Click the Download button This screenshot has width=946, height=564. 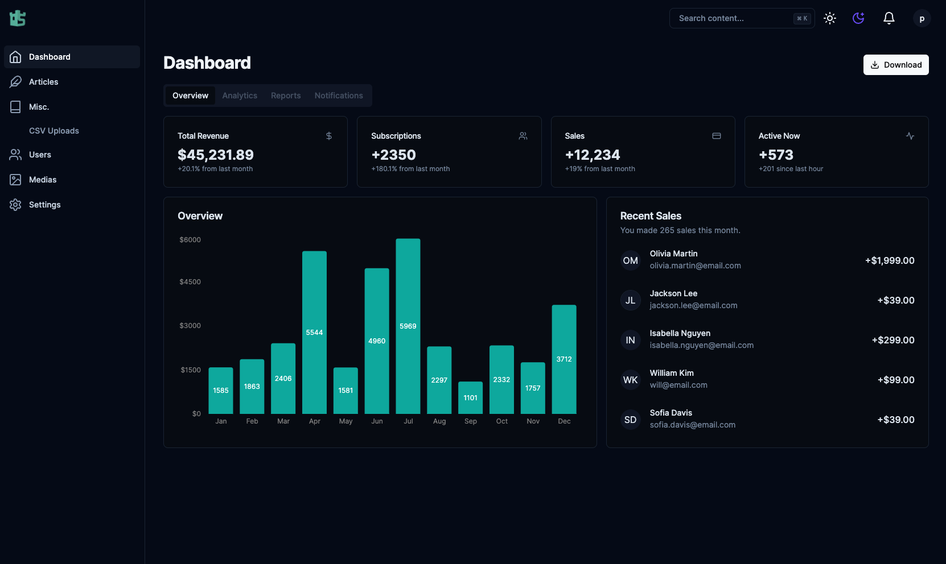coord(896,65)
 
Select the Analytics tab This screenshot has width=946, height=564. coord(240,96)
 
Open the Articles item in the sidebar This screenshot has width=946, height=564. coord(43,82)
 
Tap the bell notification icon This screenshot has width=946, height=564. coord(889,18)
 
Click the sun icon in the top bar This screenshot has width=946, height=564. coord(830,18)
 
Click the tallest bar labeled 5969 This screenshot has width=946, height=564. coord(408,326)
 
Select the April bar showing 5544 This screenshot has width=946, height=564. coord(314,332)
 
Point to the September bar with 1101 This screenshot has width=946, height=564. coord(470,397)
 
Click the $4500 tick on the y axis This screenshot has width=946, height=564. coord(190,282)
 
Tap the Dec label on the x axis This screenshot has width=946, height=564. coord(564,421)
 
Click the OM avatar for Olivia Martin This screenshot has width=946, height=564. coord(630,260)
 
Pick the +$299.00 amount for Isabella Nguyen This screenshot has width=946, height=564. coord(893,340)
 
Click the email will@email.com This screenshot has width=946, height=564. coord(678,385)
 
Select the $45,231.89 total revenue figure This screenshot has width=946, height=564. coord(216,155)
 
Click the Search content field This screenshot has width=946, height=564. coord(734,18)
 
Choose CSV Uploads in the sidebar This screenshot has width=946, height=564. coord(54,131)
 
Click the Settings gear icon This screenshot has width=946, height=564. coord(15,205)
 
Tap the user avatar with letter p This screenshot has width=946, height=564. coord(922,18)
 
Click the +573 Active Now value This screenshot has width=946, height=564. coord(776,155)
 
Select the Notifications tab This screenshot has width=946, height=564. coord(339,96)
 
